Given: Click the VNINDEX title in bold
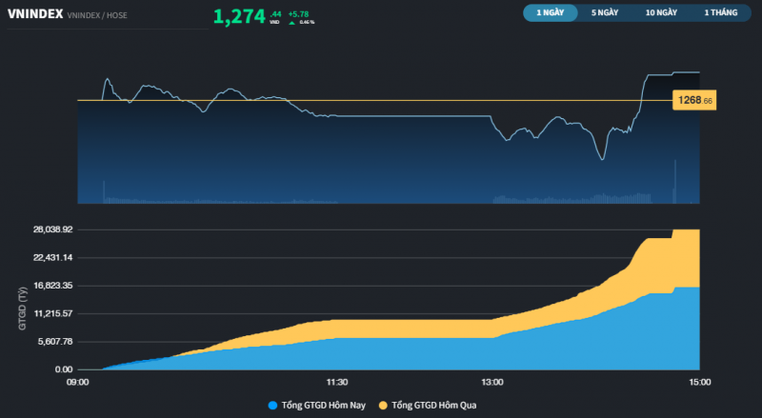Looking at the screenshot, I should click(x=34, y=14).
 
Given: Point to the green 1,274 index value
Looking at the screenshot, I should click(x=239, y=16).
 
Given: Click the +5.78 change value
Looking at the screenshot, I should click(x=299, y=13).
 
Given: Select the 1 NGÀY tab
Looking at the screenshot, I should click(x=551, y=13).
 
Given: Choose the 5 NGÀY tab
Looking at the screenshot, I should click(x=606, y=13).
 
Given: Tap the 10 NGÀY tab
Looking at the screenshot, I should click(x=661, y=13).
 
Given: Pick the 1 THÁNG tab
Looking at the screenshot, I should click(x=719, y=13).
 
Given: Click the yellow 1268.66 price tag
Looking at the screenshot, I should click(x=693, y=100).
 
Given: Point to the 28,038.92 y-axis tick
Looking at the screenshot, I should click(x=53, y=229).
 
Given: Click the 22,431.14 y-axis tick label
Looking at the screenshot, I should click(x=53, y=257).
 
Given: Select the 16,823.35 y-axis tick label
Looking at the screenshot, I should click(x=53, y=286).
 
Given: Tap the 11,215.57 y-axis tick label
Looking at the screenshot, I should click(x=53, y=313).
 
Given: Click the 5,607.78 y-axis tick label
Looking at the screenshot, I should click(x=55, y=341).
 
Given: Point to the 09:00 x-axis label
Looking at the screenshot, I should click(x=77, y=382).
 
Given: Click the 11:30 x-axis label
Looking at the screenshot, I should click(x=336, y=382).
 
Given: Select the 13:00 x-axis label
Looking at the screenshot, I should click(x=492, y=382).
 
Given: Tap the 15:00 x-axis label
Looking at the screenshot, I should click(x=700, y=382).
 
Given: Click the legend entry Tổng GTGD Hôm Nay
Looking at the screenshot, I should click(x=323, y=405).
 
